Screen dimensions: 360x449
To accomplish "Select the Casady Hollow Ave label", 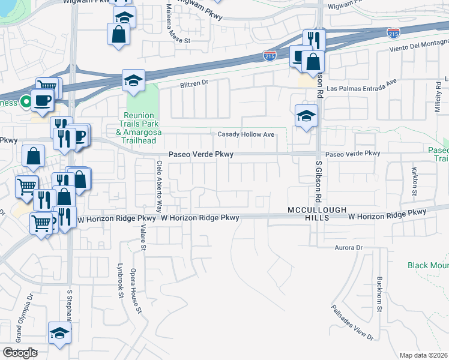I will [246, 134].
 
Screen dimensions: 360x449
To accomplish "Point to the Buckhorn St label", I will [379, 295].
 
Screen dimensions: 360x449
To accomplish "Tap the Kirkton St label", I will [414, 182].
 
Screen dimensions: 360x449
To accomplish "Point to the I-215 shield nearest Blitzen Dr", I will [270, 56].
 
